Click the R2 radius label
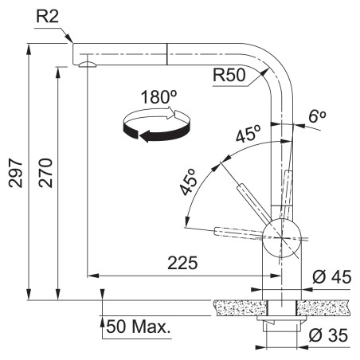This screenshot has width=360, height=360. coord(47,17)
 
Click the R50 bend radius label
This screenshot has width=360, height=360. coord(229,75)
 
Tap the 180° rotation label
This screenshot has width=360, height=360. coord(158,97)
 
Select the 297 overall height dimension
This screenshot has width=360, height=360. coord(15,173)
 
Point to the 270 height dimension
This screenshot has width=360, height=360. coord(45,173)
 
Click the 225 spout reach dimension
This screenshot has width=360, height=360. coord(182,263)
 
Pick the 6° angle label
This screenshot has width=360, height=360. coord(317,116)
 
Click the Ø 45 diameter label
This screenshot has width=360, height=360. coord(331,277)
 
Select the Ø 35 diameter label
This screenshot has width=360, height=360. coord(328,335)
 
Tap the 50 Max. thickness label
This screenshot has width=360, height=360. coord(138,327)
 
